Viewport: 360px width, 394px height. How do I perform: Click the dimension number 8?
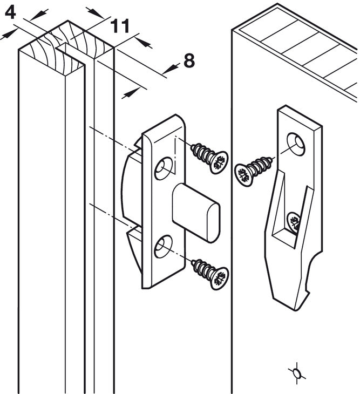point(188,60)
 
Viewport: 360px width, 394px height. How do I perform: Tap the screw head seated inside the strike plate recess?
point(293,220)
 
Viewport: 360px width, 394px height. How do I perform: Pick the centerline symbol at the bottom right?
point(295,372)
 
